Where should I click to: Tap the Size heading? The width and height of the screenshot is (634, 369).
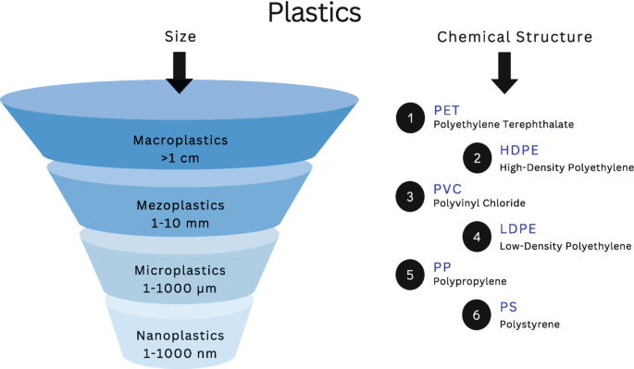[x=180, y=37]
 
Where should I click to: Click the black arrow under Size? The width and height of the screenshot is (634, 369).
[x=180, y=72]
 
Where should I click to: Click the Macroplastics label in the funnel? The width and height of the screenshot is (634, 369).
[x=179, y=141]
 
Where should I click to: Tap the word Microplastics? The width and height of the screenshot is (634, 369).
[x=179, y=270]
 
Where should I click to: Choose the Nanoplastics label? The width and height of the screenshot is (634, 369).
[x=179, y=334]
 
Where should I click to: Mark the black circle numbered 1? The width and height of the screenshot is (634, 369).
[x=409, y=117]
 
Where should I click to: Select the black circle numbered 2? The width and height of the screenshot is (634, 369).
[x=477, y=158]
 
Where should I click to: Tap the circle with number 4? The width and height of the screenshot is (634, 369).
[x=477, y=237]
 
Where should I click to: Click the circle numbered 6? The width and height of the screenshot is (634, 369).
[x=477, y=315]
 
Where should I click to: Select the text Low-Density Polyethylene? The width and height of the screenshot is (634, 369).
[x=566, y=246]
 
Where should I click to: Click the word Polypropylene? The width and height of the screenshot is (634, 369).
[x=469, y=281]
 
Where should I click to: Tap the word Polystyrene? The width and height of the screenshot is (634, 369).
[x=529, y=324]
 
